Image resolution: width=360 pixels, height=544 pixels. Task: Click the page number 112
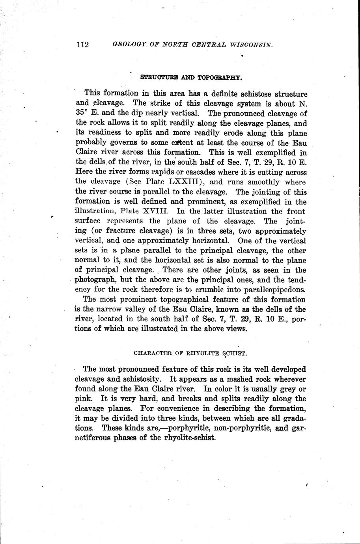click(83, 45)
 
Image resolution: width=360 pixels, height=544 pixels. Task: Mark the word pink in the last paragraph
click(82, 399)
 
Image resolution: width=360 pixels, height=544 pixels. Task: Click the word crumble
click(211, 290)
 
